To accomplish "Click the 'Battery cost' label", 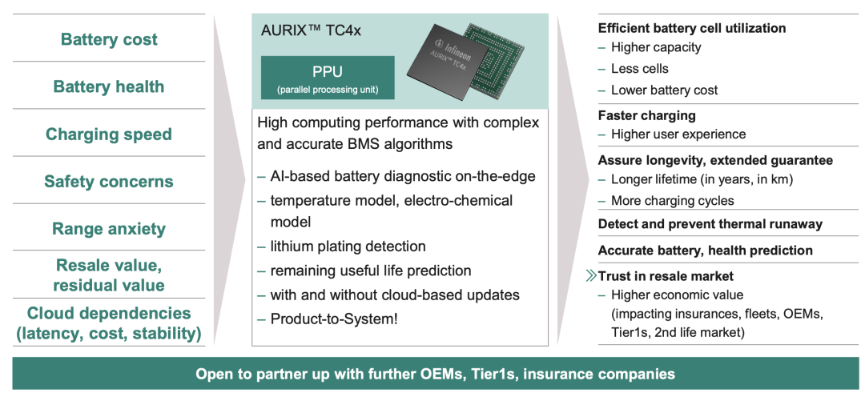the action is coord(109,39).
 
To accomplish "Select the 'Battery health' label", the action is coord(109,86).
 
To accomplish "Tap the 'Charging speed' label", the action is coord(109,134).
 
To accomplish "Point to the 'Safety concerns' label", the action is coord(109,182).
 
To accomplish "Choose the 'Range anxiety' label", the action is coord(109,229).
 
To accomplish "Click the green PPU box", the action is coord(328,77).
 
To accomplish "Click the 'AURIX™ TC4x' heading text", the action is coord(311,30).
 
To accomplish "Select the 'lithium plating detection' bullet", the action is coord(348,246).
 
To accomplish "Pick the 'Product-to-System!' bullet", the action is coord(334,319).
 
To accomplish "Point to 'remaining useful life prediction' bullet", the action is coord(371,271).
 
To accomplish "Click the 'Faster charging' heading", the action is coord(646,115).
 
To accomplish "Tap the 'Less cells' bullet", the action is coord(639,68).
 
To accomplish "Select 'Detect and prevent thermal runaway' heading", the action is coord(710,224).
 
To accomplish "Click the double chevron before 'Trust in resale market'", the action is coord(591,275).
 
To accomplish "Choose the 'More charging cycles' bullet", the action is coord(673,200).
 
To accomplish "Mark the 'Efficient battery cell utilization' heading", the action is coord(692,28).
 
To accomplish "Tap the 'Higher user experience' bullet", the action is coord(678,134).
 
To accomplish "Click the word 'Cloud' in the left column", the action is coord(50,313).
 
